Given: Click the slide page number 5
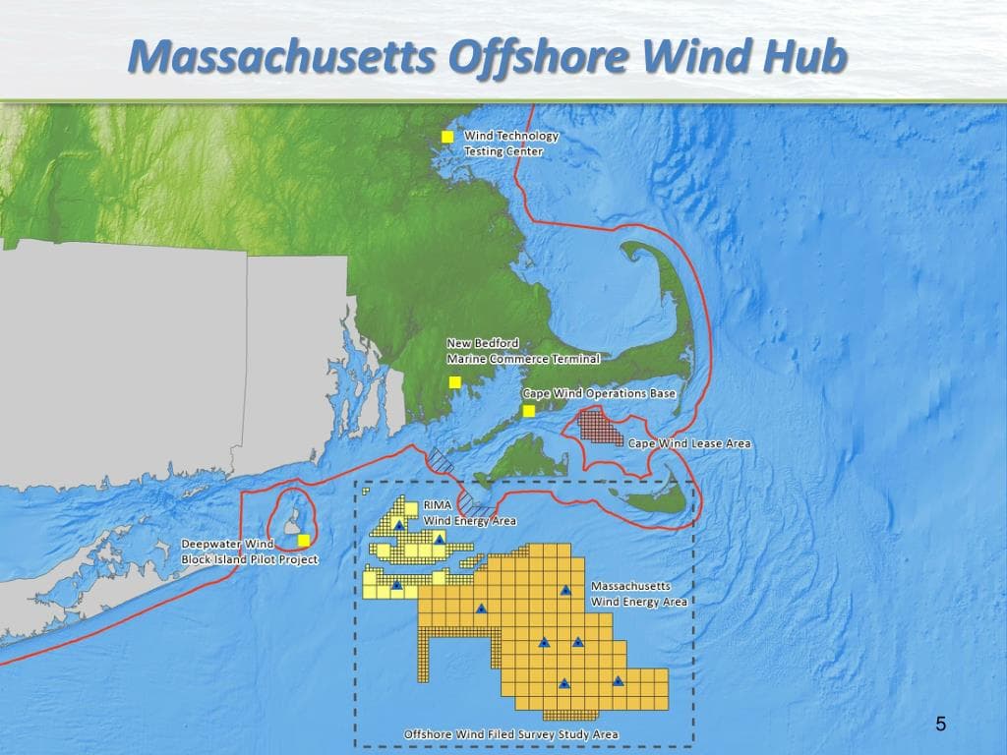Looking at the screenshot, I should pyautogui.click(x=941, y=726).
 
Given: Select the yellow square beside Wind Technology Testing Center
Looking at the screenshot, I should pyautogui.click(x=447, y=137).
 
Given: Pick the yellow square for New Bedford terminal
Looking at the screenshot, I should pyautogui.click(x=454, y=381).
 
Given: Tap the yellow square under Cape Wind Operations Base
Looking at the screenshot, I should pyautogui.click(x=529, y=411).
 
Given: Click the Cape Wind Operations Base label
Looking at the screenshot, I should pyautogui.click(x=599, y=393).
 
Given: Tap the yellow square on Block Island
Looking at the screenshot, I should pyautogui.click(x=304, y=539).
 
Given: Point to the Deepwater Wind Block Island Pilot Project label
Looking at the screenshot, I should pyautogui.click(x=250, y=552).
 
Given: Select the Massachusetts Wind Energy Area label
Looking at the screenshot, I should pyautogui.click(x=638, y=594).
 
